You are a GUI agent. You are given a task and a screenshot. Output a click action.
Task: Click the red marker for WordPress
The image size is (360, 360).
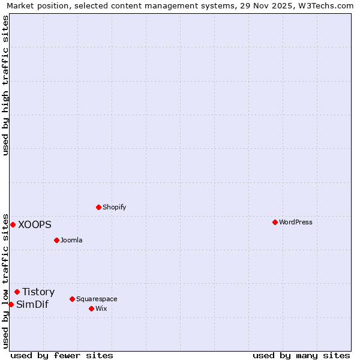click(275, 222)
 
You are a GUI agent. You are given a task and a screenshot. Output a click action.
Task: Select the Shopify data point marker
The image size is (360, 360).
click(98, 207)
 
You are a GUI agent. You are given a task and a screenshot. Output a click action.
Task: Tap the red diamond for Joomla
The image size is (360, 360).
click(56, 240)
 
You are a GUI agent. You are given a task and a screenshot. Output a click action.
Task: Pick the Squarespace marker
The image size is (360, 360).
click(72, 299)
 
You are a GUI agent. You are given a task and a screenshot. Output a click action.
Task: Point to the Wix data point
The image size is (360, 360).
click(91, 308)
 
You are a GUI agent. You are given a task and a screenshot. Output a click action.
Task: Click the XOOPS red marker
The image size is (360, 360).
click(13, 224)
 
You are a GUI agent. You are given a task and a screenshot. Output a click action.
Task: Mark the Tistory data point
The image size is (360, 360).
click(17, 292)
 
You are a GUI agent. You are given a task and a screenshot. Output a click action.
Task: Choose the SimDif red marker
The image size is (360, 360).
click(11, 304)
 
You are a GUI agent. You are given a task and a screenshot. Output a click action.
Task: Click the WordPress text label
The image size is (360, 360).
click(295, 222)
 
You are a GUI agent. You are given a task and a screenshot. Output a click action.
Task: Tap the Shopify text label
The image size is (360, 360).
click(114, 207)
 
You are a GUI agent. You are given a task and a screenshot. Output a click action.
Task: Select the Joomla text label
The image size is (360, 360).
click(71, 240)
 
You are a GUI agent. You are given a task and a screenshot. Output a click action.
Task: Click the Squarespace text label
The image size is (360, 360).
click(97, 299)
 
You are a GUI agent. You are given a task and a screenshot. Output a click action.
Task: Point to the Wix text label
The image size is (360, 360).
click(101, 308)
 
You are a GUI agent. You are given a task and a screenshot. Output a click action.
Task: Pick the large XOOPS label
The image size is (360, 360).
click(35, 224)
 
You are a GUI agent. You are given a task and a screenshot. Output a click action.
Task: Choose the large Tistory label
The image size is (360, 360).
click(38, 292)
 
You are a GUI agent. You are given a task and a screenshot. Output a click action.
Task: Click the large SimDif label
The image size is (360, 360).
click(32, 304)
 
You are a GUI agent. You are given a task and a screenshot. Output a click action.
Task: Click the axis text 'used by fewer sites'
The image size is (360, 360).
click(62, 355)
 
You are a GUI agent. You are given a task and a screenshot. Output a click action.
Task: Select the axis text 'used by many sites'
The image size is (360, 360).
click(301, 355)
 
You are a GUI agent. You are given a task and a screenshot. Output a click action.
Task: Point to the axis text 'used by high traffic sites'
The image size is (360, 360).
click(5, 85)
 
